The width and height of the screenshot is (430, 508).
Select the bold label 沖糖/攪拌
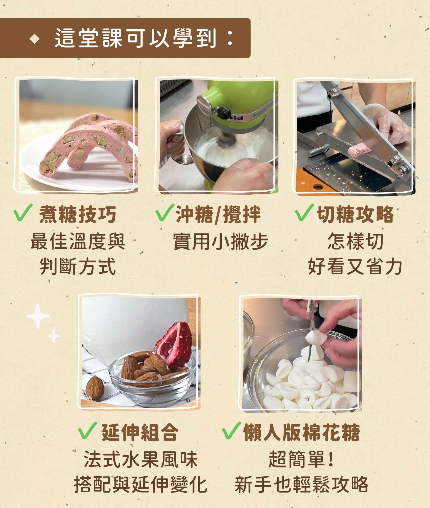click(218, 215)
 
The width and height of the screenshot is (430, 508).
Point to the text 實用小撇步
click(220, 242)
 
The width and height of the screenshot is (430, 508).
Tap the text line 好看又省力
click(355, 267)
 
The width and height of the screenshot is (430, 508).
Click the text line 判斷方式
click(78, 267)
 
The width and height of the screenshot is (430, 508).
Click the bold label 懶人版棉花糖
click(301, 432)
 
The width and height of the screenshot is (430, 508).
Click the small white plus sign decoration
click(54, 337)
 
